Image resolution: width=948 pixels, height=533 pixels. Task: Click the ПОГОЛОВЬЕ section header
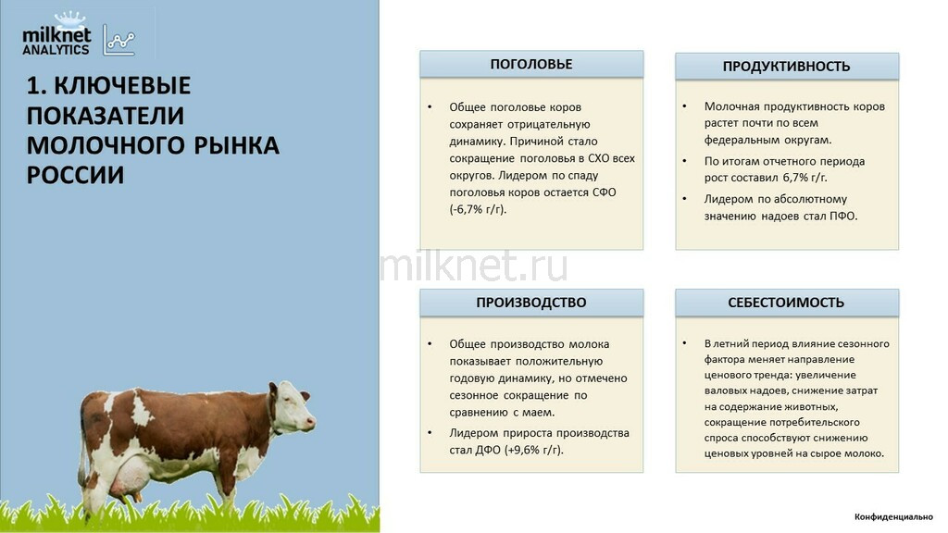tap(531, 64)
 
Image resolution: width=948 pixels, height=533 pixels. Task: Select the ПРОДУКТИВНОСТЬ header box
tap(787, 67)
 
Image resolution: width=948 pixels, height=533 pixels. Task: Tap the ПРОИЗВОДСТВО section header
tap(531, 303)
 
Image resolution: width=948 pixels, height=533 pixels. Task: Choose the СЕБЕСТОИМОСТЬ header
tap(787, 303)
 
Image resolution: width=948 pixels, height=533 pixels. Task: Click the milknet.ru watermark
tap(474, 266)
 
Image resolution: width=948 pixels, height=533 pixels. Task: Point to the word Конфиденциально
tap(893, 516)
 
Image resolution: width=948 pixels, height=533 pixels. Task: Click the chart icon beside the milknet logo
tap(118, 41)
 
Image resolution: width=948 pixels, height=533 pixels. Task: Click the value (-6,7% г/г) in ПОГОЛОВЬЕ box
tap(478, 210)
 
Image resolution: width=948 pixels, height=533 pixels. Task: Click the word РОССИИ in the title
tap(75, 175)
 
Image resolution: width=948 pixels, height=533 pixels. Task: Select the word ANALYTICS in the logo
tap(56, 50)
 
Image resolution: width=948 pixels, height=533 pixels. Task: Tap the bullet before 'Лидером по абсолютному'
tap(684, 198)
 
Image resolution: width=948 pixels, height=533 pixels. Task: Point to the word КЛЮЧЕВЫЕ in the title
tap(122, 86)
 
